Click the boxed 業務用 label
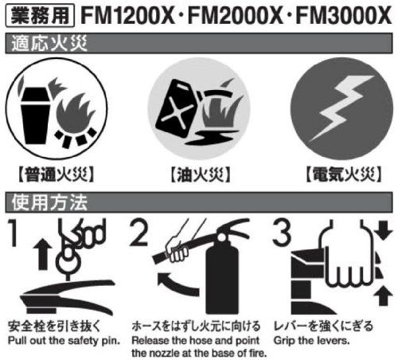[x=40, y=15]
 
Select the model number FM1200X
[x=127, y=15]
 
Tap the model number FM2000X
[x=236, y=15]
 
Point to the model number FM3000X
[x=344, y=15]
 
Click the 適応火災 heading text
[x=49, y=43]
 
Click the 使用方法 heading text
[x=49, y=202]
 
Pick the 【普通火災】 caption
[x=57, y=174]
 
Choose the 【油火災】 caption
[x=201, y=174]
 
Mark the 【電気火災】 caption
[x=344, y=174]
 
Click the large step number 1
[x=14, y=233]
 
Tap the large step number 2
[x=139, y=233]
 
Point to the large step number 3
[x=282, y=233]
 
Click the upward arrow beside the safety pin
[x=43, y=253]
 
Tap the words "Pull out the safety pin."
[x=64, y=340]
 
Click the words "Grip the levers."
[x=311, y=340]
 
